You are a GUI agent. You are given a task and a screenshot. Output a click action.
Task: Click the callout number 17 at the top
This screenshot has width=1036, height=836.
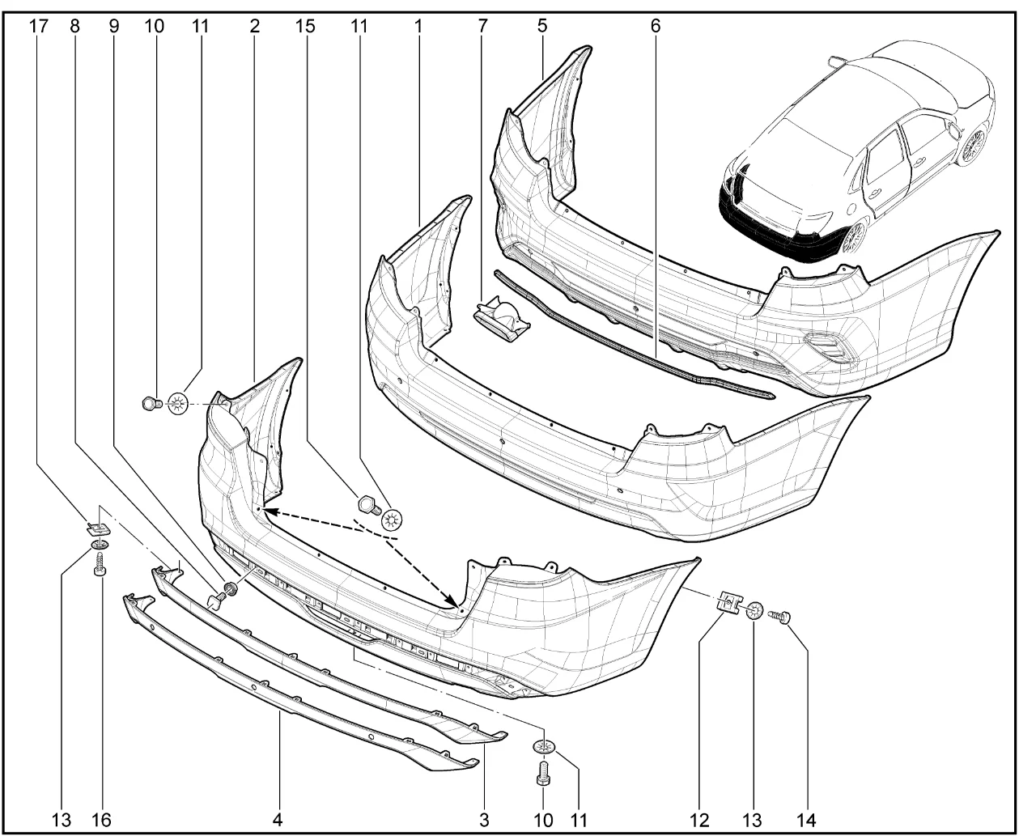pyautogui.click(x=39, y=26)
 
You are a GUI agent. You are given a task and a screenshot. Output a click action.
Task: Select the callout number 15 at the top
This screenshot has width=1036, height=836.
pyautogui.click(x=305, y=26)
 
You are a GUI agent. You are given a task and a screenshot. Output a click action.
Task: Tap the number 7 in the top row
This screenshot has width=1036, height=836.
pyautogui.click(x=482, y=26)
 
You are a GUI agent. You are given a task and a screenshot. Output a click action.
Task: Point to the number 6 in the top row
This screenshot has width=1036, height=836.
pyautogui.click(x=655, y=26)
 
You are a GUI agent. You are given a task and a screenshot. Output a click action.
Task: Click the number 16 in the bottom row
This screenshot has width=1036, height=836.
pyautogui.click(x=102, y=820)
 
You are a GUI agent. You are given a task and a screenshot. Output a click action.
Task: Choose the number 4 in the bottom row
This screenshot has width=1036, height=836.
pyautogui.click(x=278, y=820)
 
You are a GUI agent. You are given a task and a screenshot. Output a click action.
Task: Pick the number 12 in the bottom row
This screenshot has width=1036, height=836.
pyautogui.click(x=699, y=820)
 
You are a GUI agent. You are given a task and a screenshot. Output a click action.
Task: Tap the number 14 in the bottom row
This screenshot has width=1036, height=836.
pyautogui.click(x=805, y=820)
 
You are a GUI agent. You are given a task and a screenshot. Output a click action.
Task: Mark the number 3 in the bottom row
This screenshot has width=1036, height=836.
pyautogui.click(x=484, y=820)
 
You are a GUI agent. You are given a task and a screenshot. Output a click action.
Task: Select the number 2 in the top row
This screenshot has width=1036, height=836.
pyautogui.click(x=254, y=26)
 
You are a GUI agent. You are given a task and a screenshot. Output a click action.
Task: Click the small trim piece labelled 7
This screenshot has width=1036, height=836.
pyautogui.click(x=503, y=319)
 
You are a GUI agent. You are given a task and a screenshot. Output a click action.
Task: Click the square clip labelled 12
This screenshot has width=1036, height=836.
pyautogui.click(x=728, y=605)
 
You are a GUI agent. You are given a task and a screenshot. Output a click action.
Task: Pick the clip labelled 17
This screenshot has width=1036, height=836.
pyautogui.click(x=98, y=526)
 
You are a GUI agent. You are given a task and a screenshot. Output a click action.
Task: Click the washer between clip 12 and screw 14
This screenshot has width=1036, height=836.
pyautogui.click(x=754, y=611)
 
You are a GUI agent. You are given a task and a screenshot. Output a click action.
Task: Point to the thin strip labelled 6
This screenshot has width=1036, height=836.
pyautogui.click(x=631, y=336)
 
